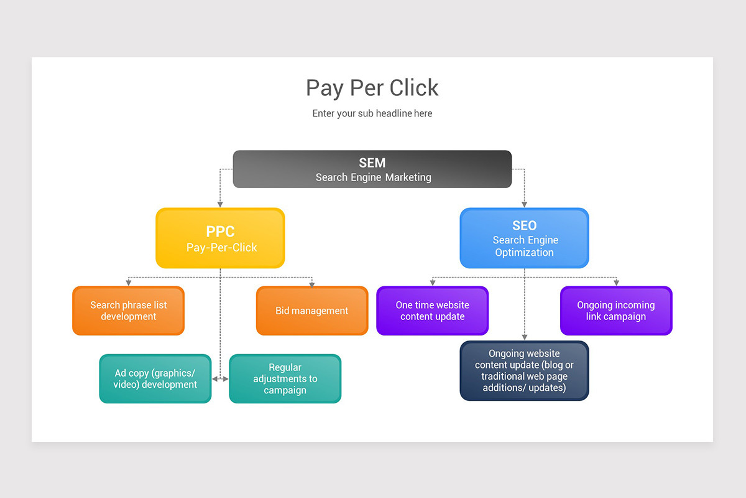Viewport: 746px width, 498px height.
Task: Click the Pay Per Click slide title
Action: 372,88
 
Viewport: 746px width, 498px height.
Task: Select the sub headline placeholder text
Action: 372,114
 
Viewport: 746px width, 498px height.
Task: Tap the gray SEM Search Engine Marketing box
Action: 372,169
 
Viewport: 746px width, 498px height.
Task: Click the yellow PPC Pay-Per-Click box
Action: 220,238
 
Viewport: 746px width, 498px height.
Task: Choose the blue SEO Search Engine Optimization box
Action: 524,238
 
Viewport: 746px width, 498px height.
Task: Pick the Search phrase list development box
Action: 128,311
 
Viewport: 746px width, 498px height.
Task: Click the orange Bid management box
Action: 312,311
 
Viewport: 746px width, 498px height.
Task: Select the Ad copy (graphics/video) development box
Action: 155,378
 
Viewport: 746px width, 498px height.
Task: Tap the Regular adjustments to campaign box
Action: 285,378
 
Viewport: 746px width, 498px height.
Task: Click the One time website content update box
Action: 432,311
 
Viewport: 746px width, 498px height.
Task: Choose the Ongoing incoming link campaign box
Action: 615,311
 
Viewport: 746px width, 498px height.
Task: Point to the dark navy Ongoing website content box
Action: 524,371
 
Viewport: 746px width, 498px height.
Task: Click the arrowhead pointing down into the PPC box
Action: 220,204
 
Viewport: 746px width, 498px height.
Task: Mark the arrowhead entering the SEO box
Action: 524,204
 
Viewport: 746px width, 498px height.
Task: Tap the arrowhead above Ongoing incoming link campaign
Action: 616,283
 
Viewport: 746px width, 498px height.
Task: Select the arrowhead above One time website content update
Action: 432,283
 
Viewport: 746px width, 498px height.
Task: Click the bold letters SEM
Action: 372,163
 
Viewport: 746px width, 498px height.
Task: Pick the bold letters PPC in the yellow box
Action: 220,232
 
